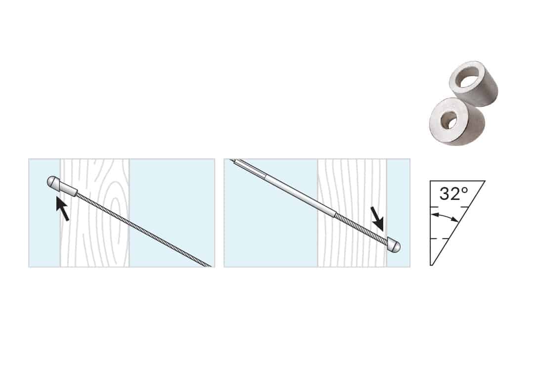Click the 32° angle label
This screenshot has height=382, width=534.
click(x=453, y=193)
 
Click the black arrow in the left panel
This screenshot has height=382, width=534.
click(x=63, y=209)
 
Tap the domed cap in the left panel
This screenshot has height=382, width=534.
click(x=53, y=182)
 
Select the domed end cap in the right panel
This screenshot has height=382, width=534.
click(x=395, y=246)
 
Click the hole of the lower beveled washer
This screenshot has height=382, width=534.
click(x=448, y=120)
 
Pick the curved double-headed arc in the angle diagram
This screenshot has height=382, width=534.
click(x=444, y=216)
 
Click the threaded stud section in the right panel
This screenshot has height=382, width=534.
click(x=361, y=227)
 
